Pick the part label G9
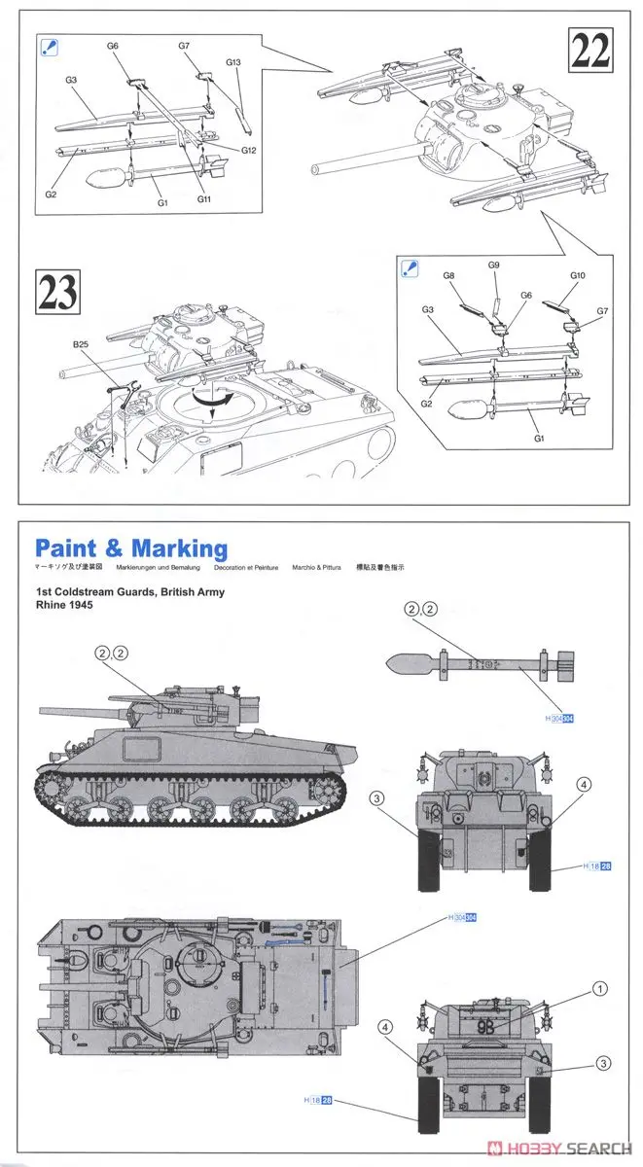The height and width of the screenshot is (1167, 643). click(x=494, y=265)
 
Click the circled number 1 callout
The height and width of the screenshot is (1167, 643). click(x=601, y=988)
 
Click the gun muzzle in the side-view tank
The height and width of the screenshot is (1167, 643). click(x=40, y=714)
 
